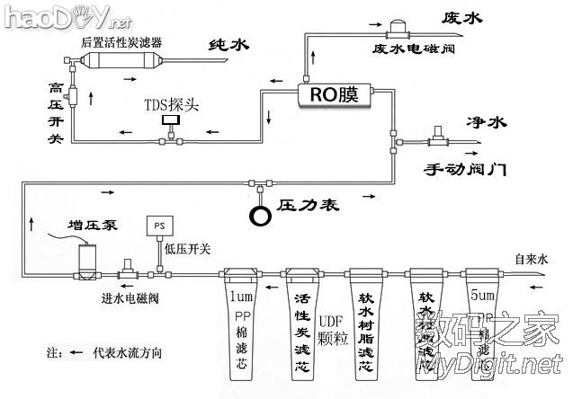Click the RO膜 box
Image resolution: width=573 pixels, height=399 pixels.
(x=335, y=94)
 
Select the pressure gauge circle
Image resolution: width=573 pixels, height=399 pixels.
(x=262, y=216)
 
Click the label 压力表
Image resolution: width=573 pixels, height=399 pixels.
(x=307, y=206)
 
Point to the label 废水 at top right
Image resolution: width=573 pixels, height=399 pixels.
(x=464, y=16)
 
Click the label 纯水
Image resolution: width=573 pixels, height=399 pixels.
(x=228, y=46)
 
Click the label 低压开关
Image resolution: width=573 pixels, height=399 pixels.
(x=187, y=249)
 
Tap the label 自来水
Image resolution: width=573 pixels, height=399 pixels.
(x=531, y=258)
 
